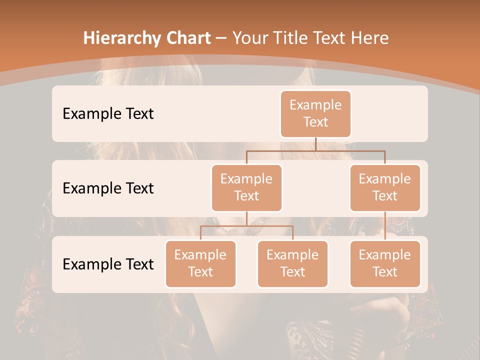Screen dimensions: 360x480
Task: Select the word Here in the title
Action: pos(370,38)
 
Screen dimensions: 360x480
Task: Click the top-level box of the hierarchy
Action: pos(315,114)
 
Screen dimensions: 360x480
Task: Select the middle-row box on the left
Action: pos(246,188)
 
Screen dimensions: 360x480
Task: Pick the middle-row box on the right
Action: pos(385,188)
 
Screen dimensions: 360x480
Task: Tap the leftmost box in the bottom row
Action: pos(200,264)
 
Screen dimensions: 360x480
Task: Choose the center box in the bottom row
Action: pos(292,264)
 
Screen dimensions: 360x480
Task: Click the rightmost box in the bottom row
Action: pos(385,264)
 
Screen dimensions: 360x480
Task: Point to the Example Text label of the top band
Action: pos(108,114)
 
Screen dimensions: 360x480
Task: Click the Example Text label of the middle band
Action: pos(108,188)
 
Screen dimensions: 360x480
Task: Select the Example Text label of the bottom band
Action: pos(108,264)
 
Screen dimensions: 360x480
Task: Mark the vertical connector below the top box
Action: pos(315,144)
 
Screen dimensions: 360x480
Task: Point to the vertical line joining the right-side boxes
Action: pos(385,226)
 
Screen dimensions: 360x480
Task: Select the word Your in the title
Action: pos(248,38)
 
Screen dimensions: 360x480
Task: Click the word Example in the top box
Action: pos(315,105)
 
